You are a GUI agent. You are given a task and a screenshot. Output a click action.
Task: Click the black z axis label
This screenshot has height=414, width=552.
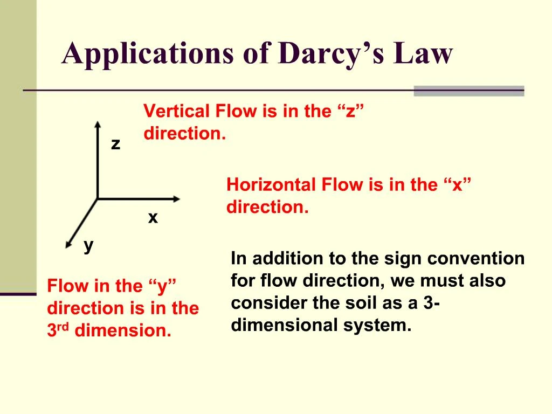point(115,144)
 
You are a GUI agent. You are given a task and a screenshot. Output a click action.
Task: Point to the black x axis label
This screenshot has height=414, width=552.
point(153,218)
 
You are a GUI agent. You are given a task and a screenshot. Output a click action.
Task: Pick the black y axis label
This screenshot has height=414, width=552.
point(88,245)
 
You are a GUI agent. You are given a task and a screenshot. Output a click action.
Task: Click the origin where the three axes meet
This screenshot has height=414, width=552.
point(98,199)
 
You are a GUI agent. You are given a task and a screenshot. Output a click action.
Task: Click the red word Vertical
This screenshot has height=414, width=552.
point(176,112)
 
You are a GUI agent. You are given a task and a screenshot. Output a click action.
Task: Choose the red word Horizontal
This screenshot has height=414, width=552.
point(271,185)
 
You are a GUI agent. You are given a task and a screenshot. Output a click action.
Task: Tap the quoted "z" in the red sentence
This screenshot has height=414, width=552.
point(351,112)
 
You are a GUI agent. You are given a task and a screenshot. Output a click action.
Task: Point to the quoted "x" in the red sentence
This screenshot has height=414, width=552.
point(458,185)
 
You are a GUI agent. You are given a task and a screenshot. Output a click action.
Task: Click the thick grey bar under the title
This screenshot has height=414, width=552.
point(468,91)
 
